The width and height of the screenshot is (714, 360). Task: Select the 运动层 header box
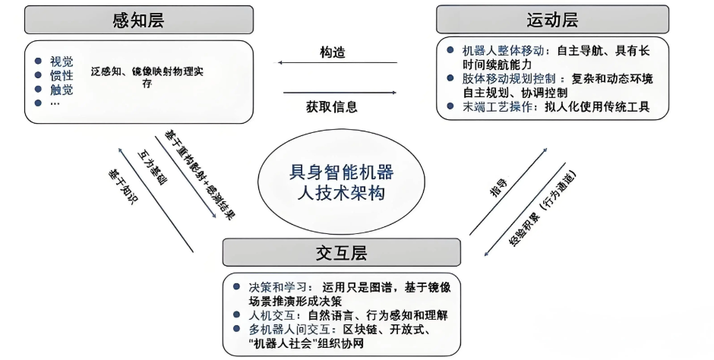[x=552, y=19]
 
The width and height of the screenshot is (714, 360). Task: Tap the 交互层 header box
[x=341, y=252]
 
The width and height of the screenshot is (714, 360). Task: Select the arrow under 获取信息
[x=340, y=93]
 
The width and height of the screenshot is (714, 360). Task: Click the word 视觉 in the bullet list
[x=62, y=62]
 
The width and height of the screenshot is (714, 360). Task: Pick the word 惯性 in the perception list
[x=62, y=76]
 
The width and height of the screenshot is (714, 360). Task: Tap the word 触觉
[x=62, y=90]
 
